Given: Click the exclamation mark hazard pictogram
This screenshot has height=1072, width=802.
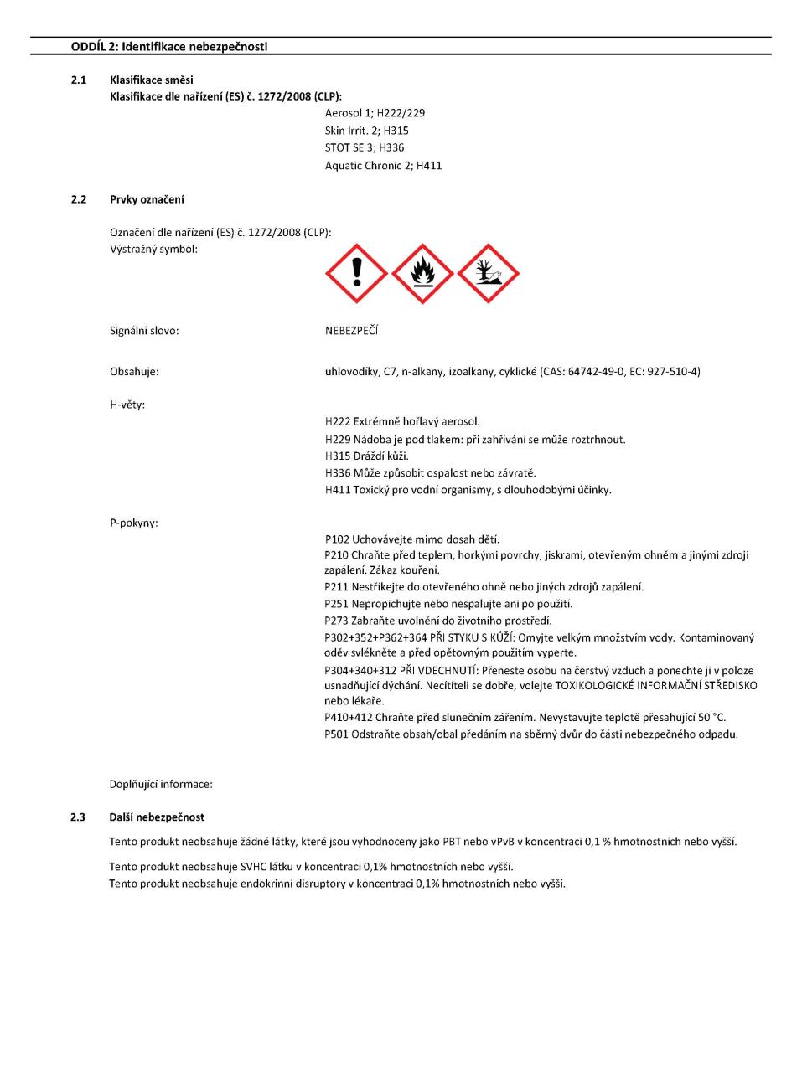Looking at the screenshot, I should coord(356,274).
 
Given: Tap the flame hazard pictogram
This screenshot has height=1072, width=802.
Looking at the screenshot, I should coord(422,274).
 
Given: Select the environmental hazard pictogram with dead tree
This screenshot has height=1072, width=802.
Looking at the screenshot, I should coord(489,274).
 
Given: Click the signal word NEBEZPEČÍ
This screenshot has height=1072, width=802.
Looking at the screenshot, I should coord(351,331).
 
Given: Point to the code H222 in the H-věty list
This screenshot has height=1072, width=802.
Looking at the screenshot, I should coord(337,422).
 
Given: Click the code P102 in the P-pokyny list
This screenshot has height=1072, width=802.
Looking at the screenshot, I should coord(337,539).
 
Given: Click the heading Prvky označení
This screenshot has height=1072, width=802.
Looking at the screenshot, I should coord(147,200).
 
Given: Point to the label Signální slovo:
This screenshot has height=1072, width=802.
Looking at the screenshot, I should coord(144,331).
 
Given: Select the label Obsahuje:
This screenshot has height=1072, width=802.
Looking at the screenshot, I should coord(134,372).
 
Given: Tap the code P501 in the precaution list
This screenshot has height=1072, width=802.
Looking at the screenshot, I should coord(337,734).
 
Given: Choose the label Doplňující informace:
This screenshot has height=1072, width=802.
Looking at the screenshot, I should coord(161,785).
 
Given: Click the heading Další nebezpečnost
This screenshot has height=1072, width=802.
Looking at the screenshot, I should coord(157,817).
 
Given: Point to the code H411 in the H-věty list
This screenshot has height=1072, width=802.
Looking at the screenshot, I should coord(337,490).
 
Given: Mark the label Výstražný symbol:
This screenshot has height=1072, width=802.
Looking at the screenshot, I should coord(154,250).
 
